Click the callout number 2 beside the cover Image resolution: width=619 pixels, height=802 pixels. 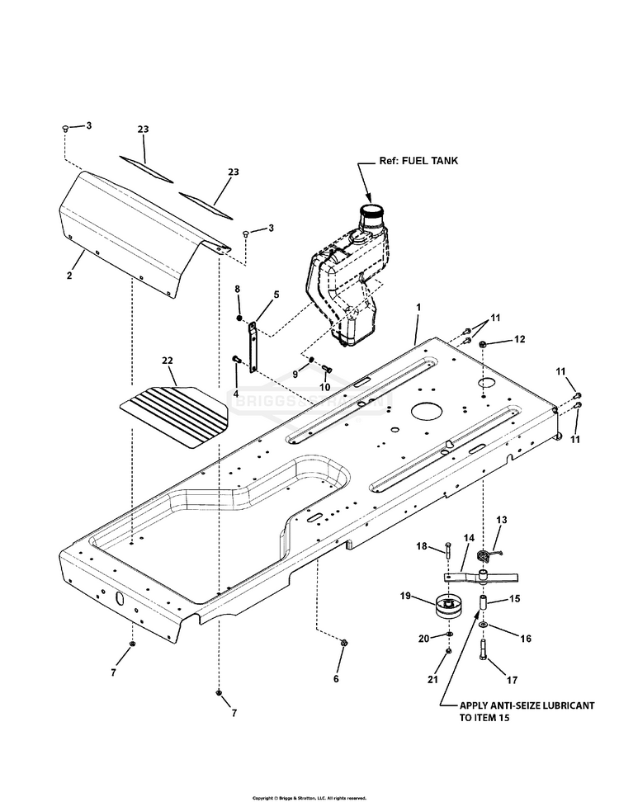point(69,275)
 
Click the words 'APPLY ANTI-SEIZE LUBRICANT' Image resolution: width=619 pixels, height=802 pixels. point(529,707)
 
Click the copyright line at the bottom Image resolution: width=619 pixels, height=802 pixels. point(309,798)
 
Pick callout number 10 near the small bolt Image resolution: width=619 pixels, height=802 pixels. point(325,386)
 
